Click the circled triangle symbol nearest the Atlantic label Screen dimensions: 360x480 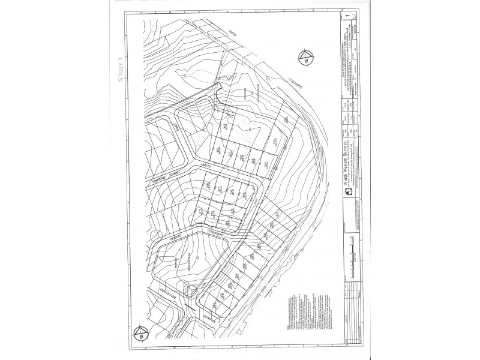click(x=140, y=332)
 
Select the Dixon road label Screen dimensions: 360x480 click(x=178, y=127)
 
